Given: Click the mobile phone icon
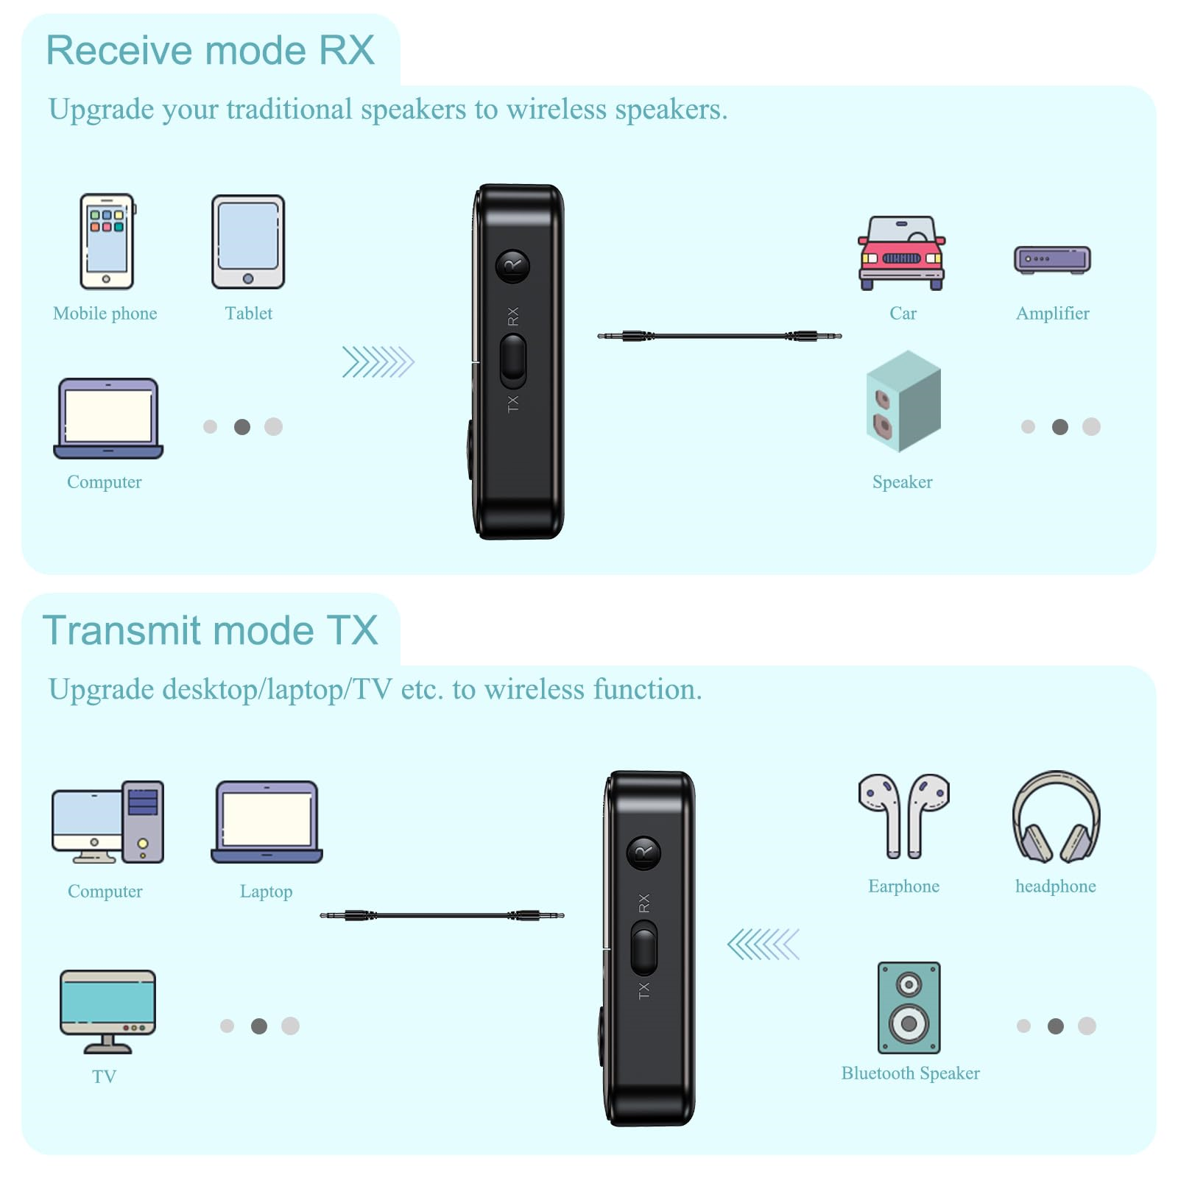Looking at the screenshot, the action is pyautogui.click(x=107, y=241).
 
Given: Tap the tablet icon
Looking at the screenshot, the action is pyautogui.click(x=248, y=241).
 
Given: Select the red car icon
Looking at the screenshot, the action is pyautogui.click(x=902, y=253).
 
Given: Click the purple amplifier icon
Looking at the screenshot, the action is pyautogui.click(x=1052, y=260).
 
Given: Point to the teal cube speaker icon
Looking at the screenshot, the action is pyautogui.click(x=903, y=401).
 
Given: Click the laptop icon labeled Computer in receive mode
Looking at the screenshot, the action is pyautogui.click(x=108, y=418).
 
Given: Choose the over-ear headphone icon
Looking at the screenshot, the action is pyautogui.click(x=1056, y=817).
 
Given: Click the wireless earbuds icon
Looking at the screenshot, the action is pyautogui.click(x=903, y=816).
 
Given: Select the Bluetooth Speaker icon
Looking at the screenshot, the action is pyautogui.click(x=909, y=1007).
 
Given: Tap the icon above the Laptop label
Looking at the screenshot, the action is pyautogui.click(x=267, y=822).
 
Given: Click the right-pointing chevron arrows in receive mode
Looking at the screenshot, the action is pyautogui.click(x=378, y=361).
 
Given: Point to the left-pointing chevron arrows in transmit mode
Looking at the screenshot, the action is pyautogui.click(x=763, y=945).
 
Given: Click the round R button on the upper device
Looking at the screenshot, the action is pyautogui.click(x=512, y=267).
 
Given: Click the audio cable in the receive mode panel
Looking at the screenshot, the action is pyautogui.click(x=719, y=336).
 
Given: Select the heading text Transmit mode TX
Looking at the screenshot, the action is pyautogui.click(x=211, y=630).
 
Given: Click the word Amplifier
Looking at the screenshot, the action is pyautogui.click(x=1052, y=314).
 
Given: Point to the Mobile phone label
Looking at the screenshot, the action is pyautogui.click(x=105, y=314).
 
